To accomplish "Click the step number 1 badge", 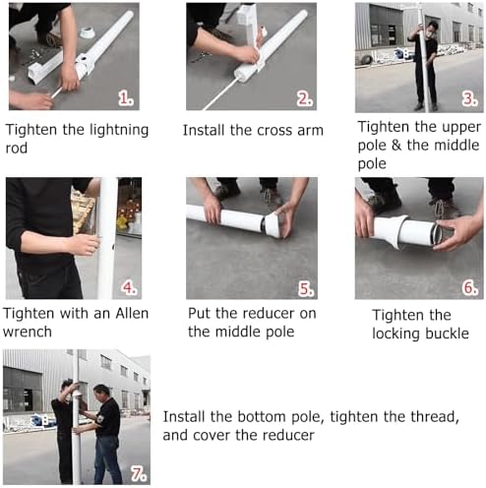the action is [126, 98].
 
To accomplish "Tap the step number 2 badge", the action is [304, 98].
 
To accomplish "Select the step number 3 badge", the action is [469, 98].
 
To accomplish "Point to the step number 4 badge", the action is [129, 287].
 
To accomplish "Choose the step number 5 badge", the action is [306, 289].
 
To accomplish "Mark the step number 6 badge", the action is [470, 287].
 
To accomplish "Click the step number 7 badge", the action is [139, 474].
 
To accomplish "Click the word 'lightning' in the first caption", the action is [119, 130].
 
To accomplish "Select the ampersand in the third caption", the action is [396, 145].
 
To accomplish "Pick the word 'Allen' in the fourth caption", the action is [132, 314].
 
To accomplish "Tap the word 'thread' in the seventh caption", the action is [434, 417].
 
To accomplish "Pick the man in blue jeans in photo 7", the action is [105, 434].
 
